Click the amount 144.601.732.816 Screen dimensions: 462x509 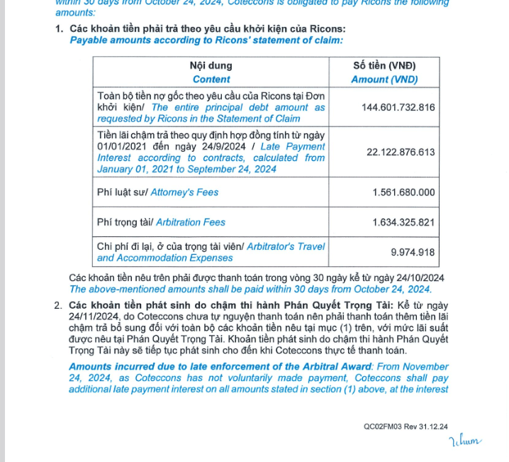coord(398,107)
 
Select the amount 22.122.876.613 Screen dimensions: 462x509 coord(401,152)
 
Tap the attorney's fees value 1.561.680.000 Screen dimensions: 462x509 coord(403,192)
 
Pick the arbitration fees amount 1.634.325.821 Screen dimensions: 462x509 coord(403,222)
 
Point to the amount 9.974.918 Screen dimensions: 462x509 coord(413,252)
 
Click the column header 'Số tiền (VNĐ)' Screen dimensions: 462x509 coord(384,66)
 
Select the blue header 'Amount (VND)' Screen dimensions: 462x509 coord(384,79)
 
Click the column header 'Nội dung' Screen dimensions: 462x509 coord(211,66)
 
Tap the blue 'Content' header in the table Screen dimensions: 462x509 coord(211,79)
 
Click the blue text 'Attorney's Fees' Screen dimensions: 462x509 coord(185,192)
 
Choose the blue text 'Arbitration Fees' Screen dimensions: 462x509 coord(191,222)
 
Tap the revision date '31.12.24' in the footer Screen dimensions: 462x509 coord(433,427)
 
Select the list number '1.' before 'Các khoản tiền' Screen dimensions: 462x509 coord(59,29)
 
